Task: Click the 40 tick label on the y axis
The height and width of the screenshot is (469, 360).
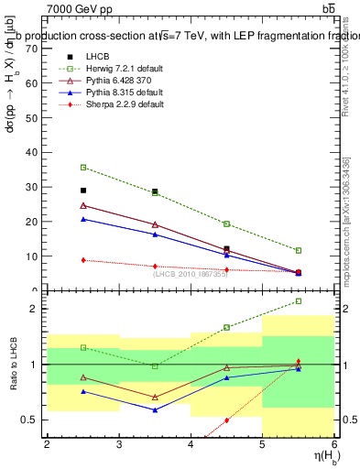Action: [34, 151]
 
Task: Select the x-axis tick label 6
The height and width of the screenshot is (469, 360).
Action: [333, 444]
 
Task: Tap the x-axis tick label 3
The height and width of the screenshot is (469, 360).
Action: [119, 444]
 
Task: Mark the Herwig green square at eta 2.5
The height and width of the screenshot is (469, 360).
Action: [83, 168]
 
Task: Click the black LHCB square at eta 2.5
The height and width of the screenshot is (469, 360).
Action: [83, 191]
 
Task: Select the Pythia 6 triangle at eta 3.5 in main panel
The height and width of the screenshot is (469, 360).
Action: [155, 224]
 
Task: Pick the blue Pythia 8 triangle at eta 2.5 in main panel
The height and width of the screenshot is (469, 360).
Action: [83, 219]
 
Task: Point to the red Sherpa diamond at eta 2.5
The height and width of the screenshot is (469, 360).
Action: [83, 260]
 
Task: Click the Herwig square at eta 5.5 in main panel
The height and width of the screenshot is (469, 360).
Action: [298, 250]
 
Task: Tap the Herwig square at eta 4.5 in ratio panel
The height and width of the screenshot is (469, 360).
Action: [226, 327]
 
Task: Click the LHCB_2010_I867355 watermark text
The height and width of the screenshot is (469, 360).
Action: [190, 274]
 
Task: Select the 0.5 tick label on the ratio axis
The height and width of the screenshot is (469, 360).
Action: [31, 420]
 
